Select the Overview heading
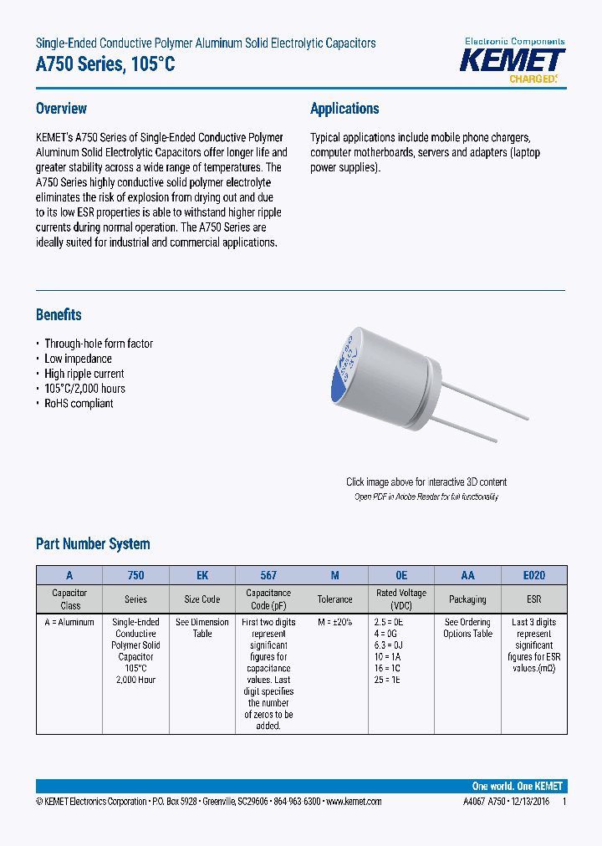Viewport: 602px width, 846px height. tap(61, 109)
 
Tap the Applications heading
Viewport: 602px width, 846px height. tap(344, 109)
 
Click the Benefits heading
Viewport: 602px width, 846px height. tap(59, 315)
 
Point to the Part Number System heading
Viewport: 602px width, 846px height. tap(93, 544)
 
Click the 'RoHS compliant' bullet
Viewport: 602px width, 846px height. tap(79, 404)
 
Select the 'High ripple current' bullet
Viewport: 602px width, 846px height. tap(84, 374)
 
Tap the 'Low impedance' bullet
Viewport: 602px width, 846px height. tap(78, 359)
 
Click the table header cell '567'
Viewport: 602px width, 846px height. tap(268, 576)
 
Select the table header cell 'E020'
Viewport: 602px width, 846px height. tap(533, 576)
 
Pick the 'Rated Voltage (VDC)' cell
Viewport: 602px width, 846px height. tap(401, 599)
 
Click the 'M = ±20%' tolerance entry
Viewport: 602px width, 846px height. tap(334, 623)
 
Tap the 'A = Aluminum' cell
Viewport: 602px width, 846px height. tap(69, 623)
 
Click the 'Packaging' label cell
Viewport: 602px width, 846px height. tap(467, 599)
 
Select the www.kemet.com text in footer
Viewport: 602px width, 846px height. tap(353, 802)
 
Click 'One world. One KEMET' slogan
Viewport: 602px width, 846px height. tap(517, 787)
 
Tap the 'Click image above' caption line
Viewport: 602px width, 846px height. tap(426, 482)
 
